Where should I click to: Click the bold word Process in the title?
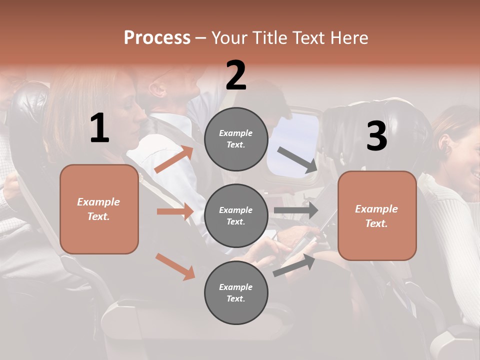157,38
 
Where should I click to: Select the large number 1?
99,128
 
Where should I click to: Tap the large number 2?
236,75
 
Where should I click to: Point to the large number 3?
376,136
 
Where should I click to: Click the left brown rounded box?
99,209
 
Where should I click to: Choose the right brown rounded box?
377,216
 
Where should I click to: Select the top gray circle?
236,139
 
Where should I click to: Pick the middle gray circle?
236,215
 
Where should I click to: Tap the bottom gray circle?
236,292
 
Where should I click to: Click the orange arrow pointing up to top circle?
174,159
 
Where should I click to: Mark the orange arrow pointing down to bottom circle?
175,266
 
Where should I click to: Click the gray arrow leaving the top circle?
297,160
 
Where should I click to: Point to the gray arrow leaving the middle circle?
295,210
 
